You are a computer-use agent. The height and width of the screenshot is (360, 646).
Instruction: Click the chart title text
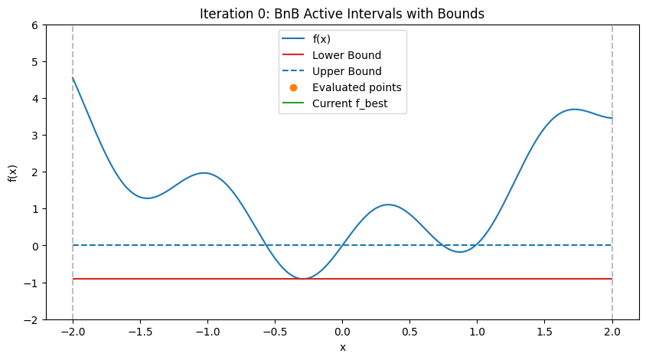coord(342,13)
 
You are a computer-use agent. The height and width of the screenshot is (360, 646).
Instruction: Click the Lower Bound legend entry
coord(346,56)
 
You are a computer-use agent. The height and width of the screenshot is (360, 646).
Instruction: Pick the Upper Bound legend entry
coord(347,71)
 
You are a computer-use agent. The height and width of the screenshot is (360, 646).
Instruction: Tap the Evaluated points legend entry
coord(357,87)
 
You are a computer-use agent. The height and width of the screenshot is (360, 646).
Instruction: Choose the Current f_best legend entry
coord(354,103)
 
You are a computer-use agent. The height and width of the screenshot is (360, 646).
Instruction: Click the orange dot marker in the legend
coord(294,87)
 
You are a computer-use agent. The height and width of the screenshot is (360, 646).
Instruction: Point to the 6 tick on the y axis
coord(34,25)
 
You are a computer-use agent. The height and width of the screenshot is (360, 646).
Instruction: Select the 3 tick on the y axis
coord(34,135)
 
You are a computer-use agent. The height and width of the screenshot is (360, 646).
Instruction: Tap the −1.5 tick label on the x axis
coord(140,333)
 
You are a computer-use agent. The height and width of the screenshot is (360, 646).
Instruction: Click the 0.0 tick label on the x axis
coord(342,333)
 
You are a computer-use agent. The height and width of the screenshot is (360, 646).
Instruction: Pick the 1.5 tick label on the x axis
coord(544,333)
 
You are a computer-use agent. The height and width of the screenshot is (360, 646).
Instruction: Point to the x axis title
coord(342,348)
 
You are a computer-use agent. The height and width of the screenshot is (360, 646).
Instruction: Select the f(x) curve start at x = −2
coord(73,77)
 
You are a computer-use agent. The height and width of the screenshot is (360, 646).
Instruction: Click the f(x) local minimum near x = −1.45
coord(148,198)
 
